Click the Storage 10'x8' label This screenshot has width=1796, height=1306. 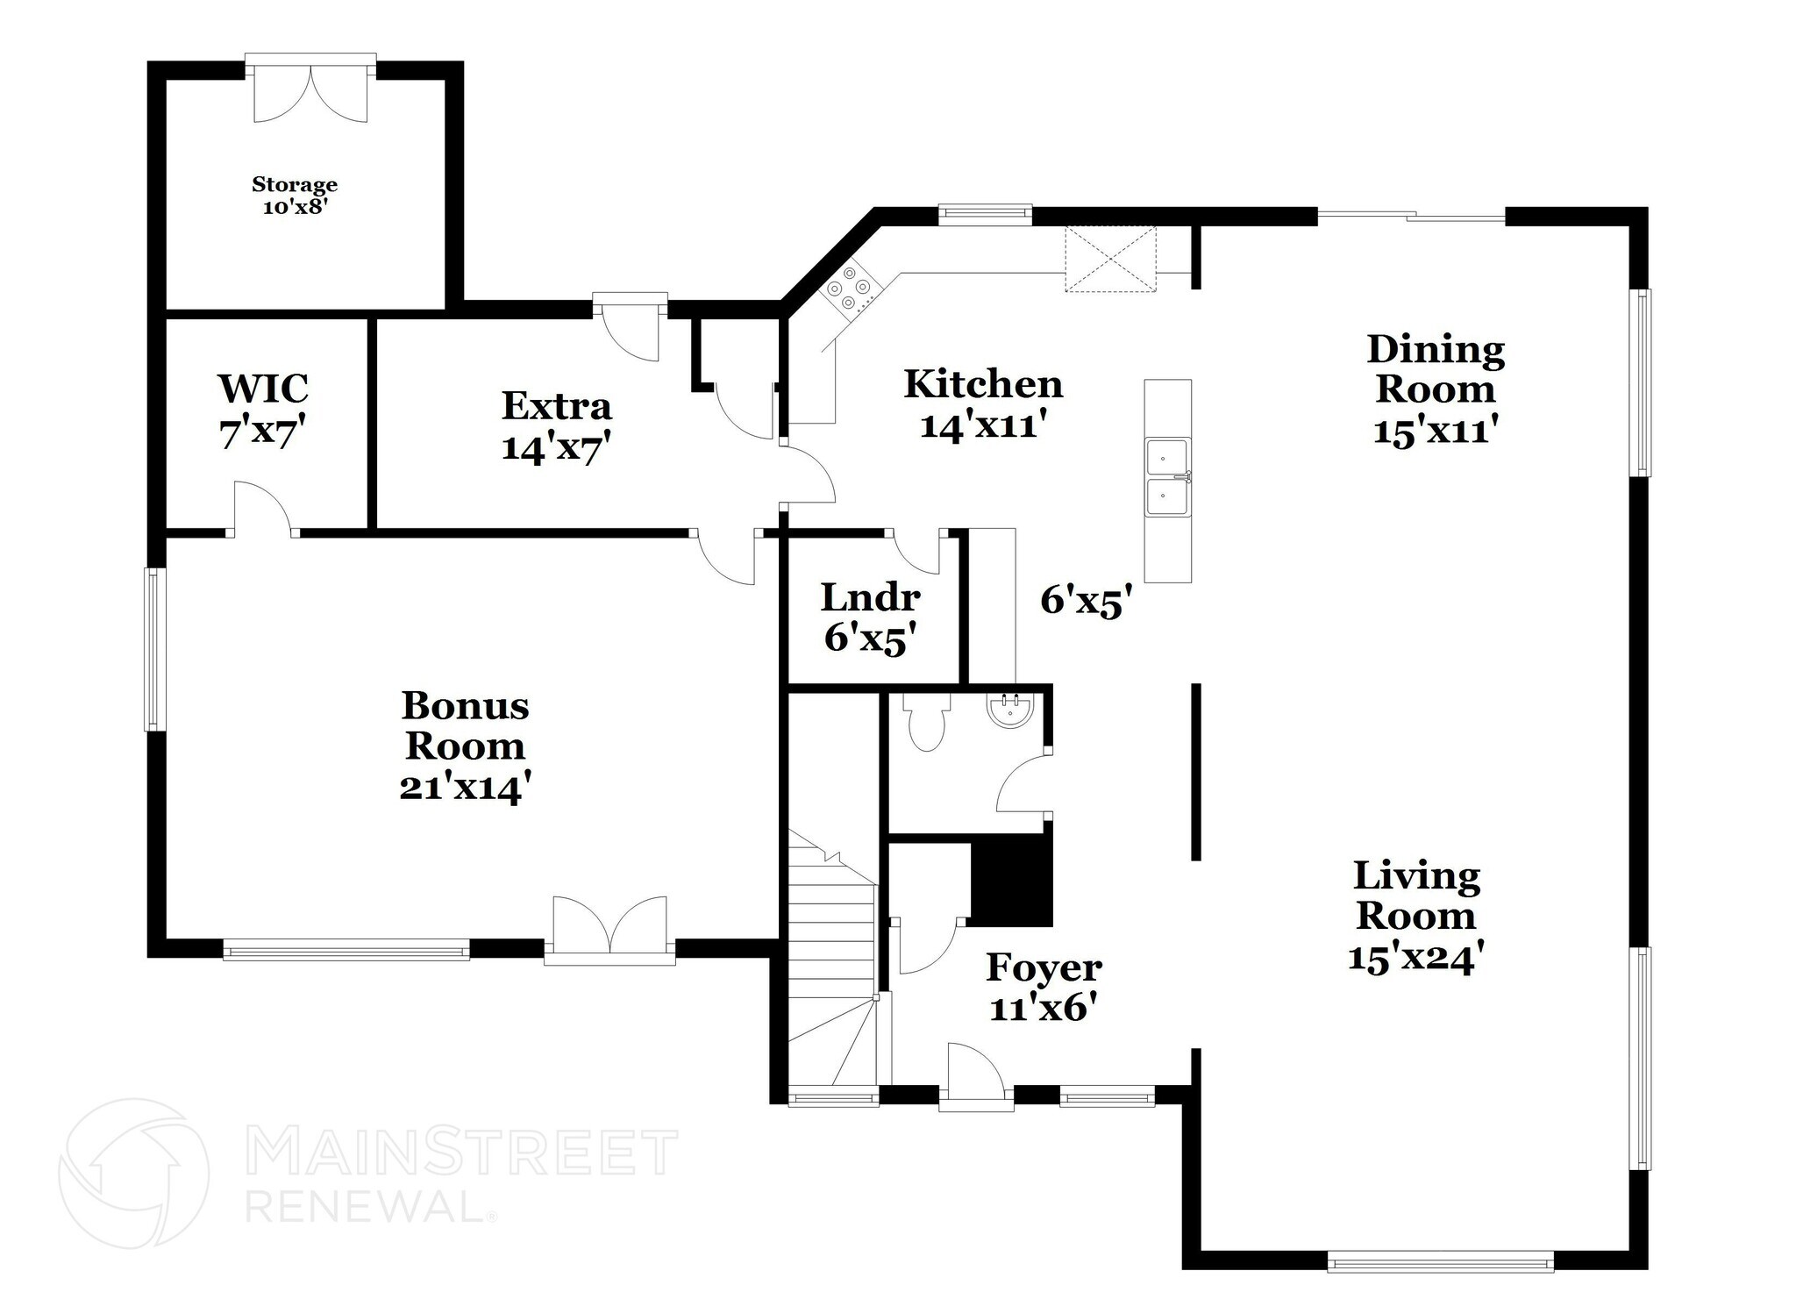[x=295, y=196]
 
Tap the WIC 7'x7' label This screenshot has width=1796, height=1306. [x=263, y=410]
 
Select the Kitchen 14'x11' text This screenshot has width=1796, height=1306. [x=983, y=404]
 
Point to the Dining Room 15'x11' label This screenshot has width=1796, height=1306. [x=1436, y=389]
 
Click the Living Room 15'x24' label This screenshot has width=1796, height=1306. [x=1415, y=916]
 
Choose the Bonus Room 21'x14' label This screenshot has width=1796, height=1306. [x=465, y=746]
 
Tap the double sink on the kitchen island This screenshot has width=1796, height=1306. [x=1167, y=477]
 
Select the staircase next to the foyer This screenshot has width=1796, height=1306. [x=832, y=965]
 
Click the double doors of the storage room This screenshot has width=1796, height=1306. [x=310, y=93]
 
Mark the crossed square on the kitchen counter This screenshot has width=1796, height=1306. [x=1110, y=258]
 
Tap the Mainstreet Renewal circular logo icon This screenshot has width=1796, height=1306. [x=133, y=1174]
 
